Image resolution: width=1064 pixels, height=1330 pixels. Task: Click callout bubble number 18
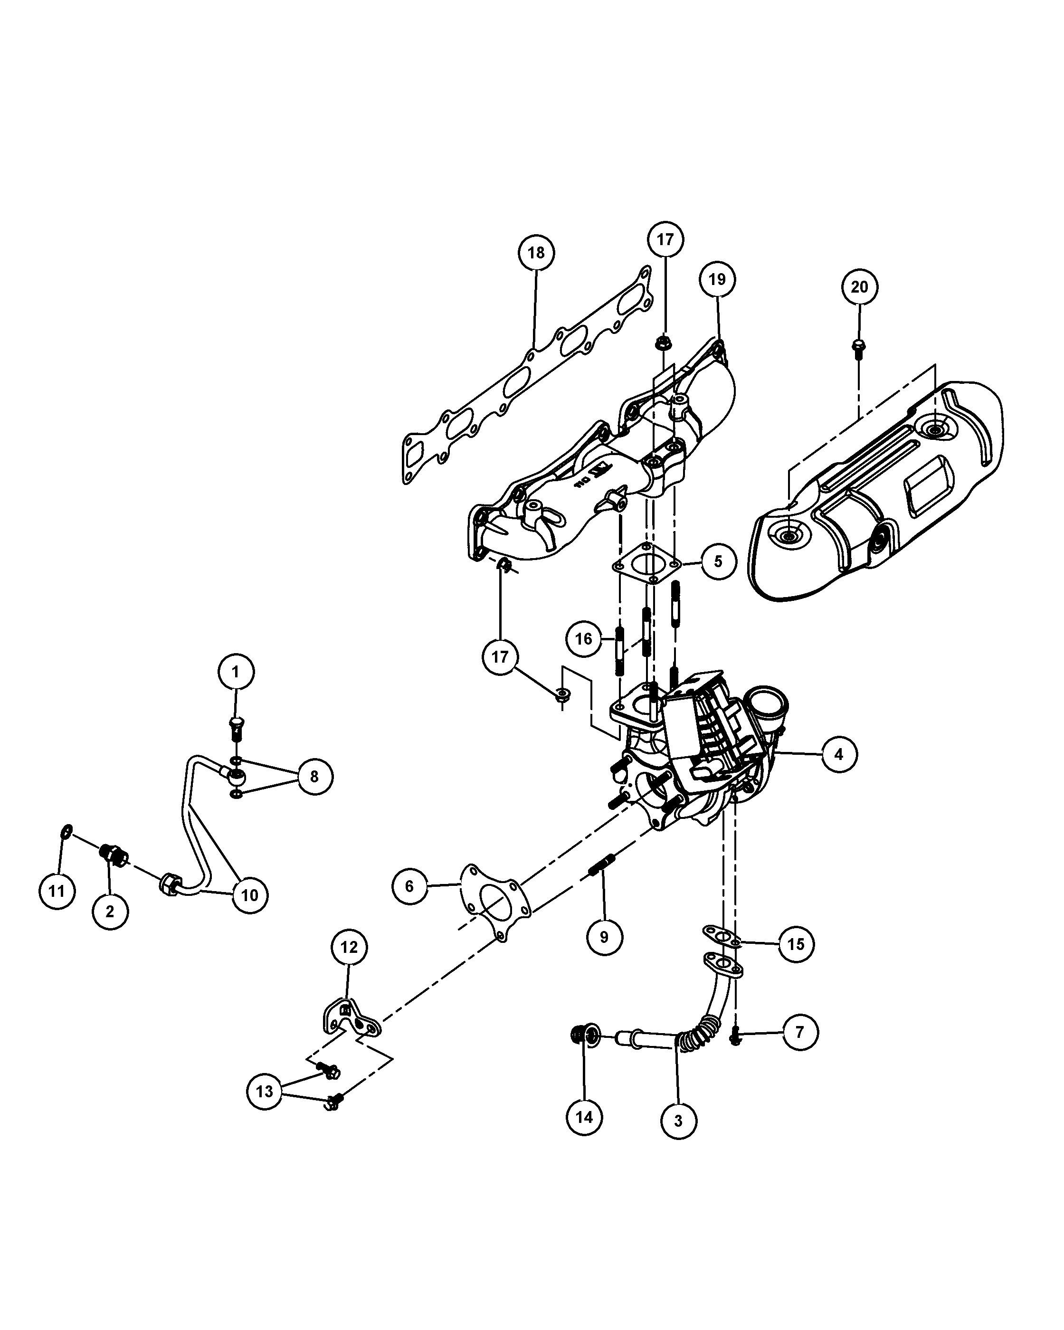click(x=536, y=252)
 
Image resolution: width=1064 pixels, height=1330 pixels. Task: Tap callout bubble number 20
click(x=859, y=287)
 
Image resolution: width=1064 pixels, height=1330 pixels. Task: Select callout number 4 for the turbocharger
click(x=839, y=753)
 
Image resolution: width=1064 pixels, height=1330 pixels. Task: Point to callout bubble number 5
click(x=719, y=561)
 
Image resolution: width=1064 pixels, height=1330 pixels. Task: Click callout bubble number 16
click(x=583, y=638)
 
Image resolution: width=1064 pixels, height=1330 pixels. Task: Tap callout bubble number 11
click(x=57, y=891)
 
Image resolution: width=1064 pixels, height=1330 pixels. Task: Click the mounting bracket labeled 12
click(x=351, y=1023)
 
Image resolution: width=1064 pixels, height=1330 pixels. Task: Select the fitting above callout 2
click(x=113, y=855)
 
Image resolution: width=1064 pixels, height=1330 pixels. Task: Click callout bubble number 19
click(x=717, y=279)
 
